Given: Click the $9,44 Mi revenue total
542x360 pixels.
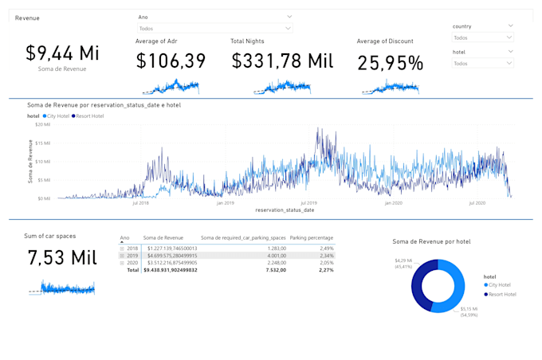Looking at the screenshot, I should point(62,53).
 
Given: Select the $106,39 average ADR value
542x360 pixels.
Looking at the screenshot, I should point(171,61).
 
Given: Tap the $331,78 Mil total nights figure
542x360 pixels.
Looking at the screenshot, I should point(282,61).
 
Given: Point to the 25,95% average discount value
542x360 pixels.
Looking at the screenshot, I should point(390,63).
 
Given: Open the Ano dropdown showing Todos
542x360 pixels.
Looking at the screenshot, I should point(214,29).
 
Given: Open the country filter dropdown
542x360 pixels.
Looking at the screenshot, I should point(483,37).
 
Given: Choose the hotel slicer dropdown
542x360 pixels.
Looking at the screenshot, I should point(483,63).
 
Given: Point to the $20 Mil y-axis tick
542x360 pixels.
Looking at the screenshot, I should point(42,125).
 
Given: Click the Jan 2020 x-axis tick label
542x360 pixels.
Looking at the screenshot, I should point(393,203).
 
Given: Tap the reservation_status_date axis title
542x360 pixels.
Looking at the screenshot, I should point(285,210).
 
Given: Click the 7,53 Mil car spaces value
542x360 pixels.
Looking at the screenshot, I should point(62,258).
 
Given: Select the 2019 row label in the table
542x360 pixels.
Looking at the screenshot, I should point(133,256).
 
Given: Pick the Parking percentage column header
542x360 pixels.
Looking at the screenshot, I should point(312,237).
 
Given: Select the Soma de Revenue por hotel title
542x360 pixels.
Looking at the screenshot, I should point(431,241).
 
